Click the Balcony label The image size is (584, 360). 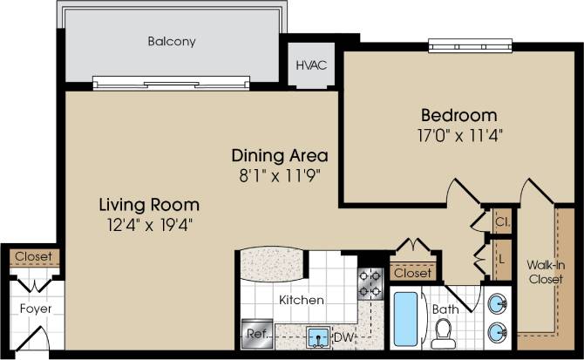click(171, 41)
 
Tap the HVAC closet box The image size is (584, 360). click(307, 65)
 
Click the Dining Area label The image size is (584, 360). click(279, 156)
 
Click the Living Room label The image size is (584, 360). click(148, 205)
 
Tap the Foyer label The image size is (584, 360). click(35, 309)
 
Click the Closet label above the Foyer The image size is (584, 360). click(34, 257)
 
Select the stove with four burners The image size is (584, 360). click(370, 282)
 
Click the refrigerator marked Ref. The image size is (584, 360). click(258, 333)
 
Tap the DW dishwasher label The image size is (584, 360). click(346, 335)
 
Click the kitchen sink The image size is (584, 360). click(317, 336)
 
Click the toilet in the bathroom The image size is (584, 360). click(443, 332)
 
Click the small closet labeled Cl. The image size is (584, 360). click(503, 221)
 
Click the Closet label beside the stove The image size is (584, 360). click(411, 273)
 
